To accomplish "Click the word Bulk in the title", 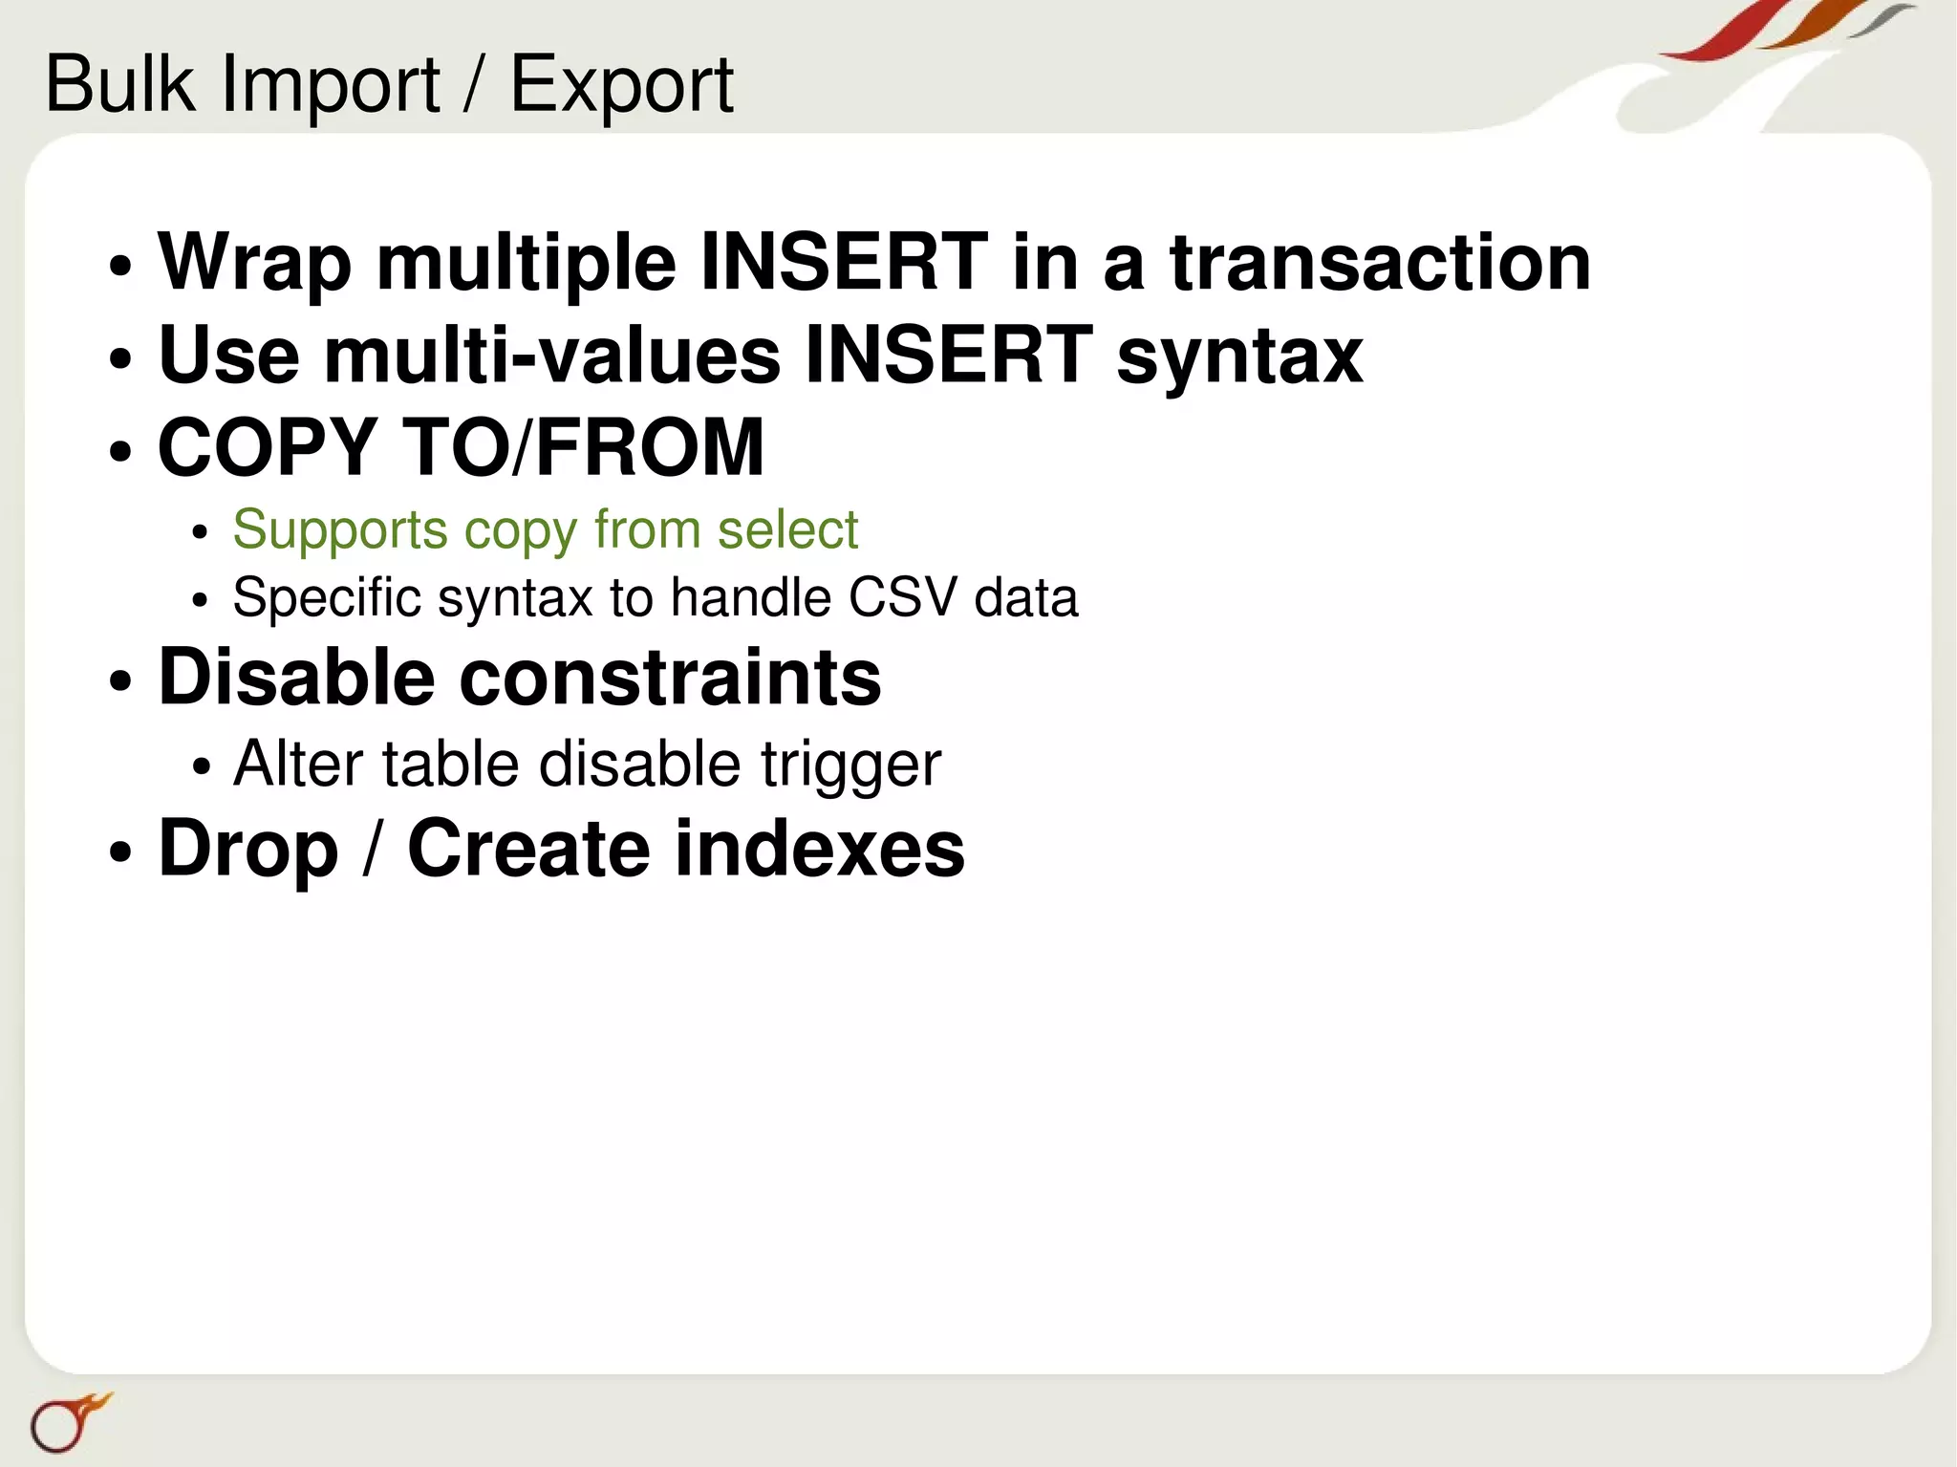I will pos(120,84).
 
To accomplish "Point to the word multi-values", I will pos(551,355).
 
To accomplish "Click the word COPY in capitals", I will pos(267,446).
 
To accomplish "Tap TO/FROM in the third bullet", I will pos(584,446).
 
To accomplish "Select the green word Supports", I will pos(339,530).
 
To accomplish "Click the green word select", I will pos(787,529).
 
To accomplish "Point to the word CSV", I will pos(902,598).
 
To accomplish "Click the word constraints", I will pos(670,678).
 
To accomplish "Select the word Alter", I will pos(298,764).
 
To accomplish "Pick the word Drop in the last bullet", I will pos(248,850).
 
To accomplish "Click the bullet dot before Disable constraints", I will pos(119,682).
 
